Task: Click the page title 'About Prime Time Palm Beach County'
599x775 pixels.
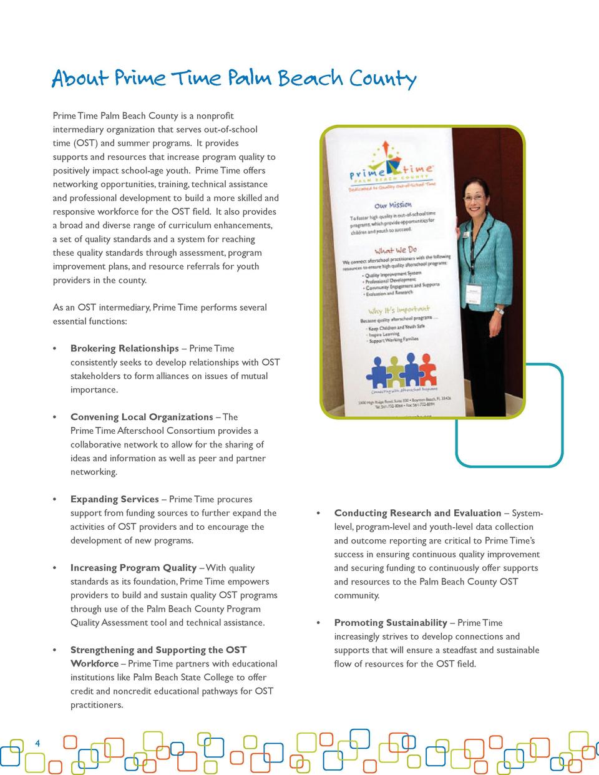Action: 234,79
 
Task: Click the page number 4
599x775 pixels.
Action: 37,743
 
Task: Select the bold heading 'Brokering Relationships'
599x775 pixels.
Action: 124,348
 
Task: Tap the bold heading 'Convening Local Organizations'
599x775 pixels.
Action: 142,417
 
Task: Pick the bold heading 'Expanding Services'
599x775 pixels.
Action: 115,499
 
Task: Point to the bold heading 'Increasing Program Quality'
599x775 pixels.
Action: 134,568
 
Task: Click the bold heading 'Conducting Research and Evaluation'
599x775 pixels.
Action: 417,513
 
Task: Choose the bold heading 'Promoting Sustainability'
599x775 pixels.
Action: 391,623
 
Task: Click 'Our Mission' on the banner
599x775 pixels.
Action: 392,205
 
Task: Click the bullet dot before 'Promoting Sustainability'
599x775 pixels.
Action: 319,623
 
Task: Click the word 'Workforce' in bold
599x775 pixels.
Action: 94,664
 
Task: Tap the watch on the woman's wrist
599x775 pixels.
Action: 499,310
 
